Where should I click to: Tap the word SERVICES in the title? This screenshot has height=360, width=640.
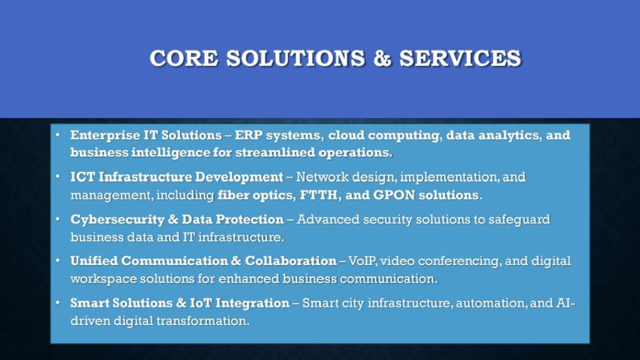pyautogui.click(x=460, y=58)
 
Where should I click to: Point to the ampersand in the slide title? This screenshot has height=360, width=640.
pyautogui.click(x=382, y=58)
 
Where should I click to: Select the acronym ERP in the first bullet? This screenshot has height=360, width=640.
pyautogui.click(x=249, y=135)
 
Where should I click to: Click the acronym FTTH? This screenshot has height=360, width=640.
pyautogui.click(x=319, y=195)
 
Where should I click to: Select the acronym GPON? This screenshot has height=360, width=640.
pyautogui.click(x=394, y=195)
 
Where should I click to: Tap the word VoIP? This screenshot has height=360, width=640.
pyautogui.click(x=362, y=261)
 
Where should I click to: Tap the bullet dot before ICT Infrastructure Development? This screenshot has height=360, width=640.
pyautogui.click(x=57, y=177)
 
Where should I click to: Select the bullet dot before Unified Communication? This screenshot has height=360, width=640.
pyautogui.click(x=57, y=261)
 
